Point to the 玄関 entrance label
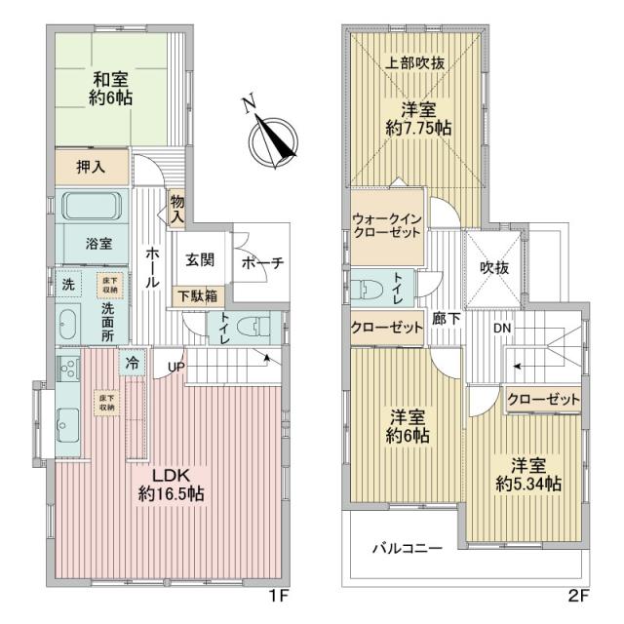pos(200,261)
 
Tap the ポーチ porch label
pos(261,262)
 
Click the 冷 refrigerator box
pos(131,363)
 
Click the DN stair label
pos(501,329)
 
